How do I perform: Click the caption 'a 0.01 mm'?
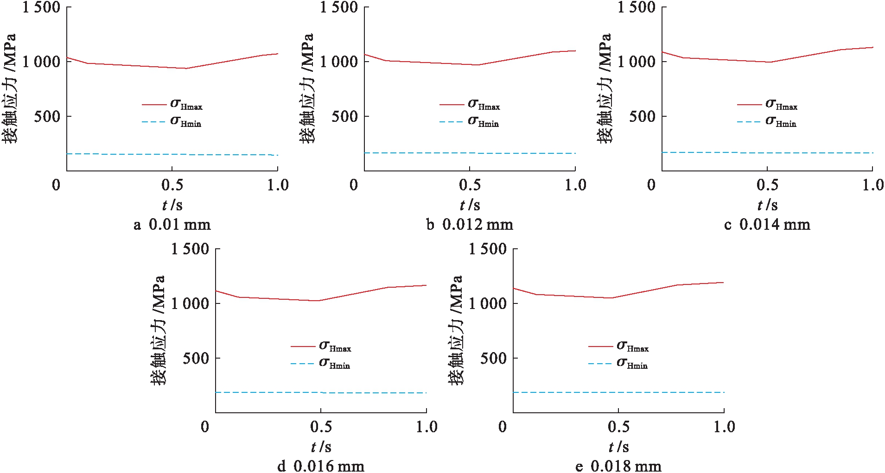(x=172, y=225)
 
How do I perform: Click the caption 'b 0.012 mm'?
(x=470, y=225)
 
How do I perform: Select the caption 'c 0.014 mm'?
(x=767, y=225)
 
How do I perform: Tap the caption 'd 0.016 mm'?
(x=321, y=466)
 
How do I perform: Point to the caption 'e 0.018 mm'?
(x=618, y=466)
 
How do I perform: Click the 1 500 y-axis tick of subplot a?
(x=41, y=7)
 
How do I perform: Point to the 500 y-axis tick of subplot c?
(x=642, y=116)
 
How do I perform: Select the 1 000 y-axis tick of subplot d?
(x=190, y=303)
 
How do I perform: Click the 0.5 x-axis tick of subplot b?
(x=470, y=185)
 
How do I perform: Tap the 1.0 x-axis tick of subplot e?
(x=724, y=427)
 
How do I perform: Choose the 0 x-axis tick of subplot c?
(x=651, y=185)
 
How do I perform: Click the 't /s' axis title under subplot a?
(x=172, y=205)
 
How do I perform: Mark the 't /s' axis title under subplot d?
(x=321, y=447)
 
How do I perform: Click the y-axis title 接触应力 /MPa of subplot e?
(x=456, y=330)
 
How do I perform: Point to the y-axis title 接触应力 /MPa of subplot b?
(x=307, y=88)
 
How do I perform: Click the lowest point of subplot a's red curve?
(x=186, y=69)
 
